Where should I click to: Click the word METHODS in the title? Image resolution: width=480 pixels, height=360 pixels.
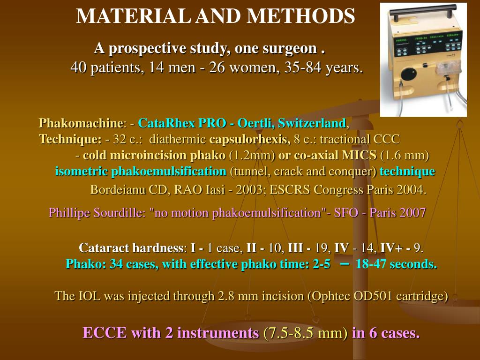pyautogui.click(x=301, y=17)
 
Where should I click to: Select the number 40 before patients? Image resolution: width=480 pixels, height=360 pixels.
pyautogui.click(x=78, y=68)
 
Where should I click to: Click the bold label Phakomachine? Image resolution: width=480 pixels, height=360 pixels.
pyautogui.click(x=80, y=123)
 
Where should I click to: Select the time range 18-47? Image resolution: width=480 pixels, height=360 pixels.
pyautogui.click(x=371, y=264)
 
